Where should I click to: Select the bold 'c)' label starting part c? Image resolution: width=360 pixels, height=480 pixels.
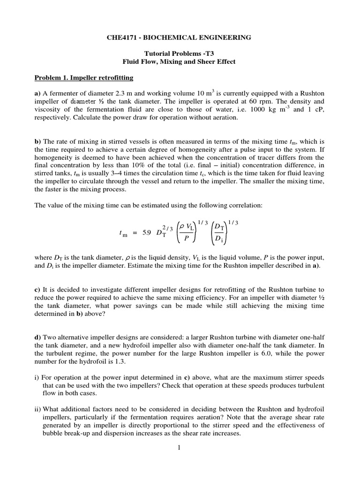(x=38, y=290)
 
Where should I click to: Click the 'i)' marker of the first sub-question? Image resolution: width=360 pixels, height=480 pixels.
(x=37, y=378)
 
